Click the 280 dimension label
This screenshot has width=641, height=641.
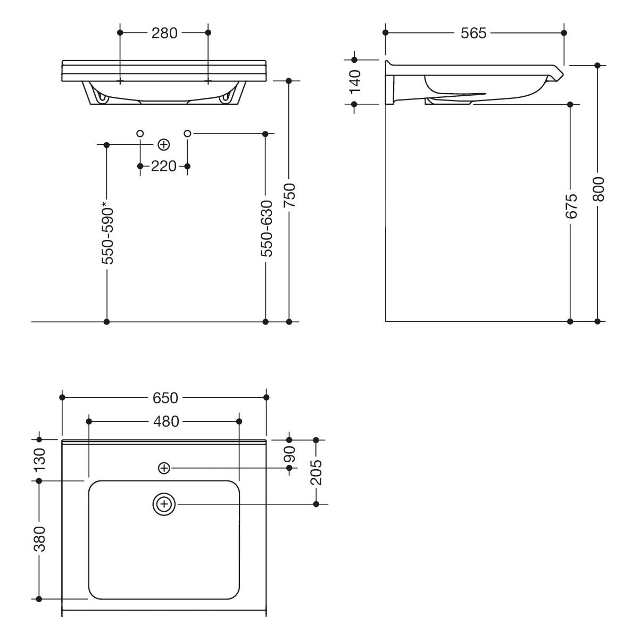tap(164, 34)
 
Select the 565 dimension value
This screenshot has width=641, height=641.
tap(473, 34)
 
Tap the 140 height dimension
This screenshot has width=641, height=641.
tap(355, 82)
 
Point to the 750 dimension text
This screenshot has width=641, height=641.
tap(290, 195)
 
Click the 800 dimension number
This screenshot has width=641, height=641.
tap(598, 189)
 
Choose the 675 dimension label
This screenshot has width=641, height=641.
tap(571, 206)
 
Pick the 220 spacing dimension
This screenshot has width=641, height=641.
tap(164, 167)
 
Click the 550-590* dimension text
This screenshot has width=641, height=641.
tap(107, 233)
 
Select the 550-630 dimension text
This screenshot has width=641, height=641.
tap(267, 229)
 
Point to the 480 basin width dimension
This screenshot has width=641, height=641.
tap(166, 422)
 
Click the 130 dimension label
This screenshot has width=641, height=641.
tap(40, 460)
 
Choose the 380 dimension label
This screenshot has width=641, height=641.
tap(40, 539)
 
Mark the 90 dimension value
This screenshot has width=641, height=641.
tap(290, 454)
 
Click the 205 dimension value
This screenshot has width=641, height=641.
tap(317, 473)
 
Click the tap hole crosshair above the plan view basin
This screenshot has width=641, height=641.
tap(164, 468)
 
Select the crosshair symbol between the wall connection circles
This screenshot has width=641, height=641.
tap(163, 145)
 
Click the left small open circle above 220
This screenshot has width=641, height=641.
tap(140, 134)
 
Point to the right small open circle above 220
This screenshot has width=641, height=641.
tap(188, 134)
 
